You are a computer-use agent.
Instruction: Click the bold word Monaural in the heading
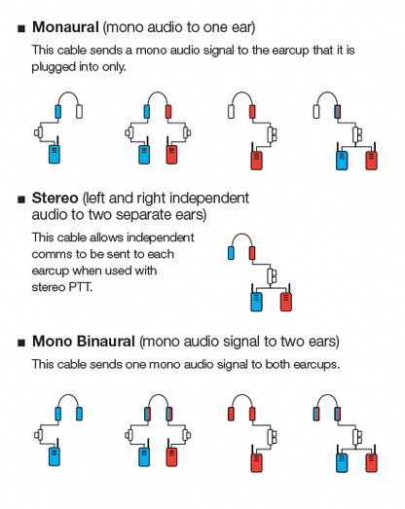[x=65, y=27]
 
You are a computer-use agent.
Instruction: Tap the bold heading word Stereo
[x=55, y=198]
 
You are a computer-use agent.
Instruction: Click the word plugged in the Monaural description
[x=54, y=67]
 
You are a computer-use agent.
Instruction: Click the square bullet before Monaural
[x=21, y=28]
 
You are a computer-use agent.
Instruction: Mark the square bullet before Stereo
[x=21, y=199]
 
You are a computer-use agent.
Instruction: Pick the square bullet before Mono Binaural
[x=21, y=343]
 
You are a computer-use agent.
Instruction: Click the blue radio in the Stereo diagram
[x=256, y=302]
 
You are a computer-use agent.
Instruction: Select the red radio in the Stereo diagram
[x=286, y=302]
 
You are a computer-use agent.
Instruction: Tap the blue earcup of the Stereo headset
[x=231, y=253]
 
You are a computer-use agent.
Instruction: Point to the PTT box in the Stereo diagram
[x=272, y=276]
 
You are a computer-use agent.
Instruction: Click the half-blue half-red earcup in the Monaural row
[x=338, y=111]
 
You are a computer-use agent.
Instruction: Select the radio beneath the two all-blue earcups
[x=55, y=456]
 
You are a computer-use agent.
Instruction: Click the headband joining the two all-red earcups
[x=241, y=398]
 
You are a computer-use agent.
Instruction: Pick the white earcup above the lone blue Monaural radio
[x=79, y=111]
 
